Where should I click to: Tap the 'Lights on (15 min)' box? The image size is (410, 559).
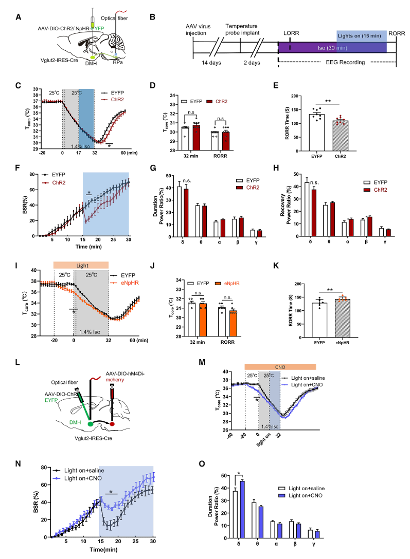(362, 36)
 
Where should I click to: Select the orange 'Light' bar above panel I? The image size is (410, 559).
(81, 264)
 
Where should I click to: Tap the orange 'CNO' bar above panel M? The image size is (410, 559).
(280, 366)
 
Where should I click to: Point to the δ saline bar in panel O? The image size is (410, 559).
(235, 514)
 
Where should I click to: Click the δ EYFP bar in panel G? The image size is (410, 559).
(180, 211)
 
